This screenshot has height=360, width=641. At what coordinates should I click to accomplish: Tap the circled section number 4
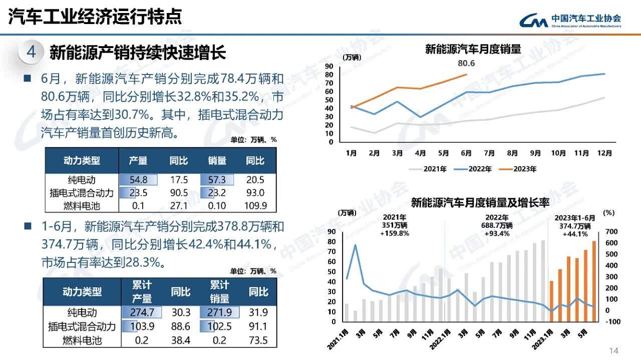click(31, 52)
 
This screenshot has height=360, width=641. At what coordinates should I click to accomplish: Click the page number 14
click(614, 350)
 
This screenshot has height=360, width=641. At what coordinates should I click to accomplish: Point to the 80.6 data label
click(466, 64)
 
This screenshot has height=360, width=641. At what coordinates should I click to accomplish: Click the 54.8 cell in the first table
click(138, 180)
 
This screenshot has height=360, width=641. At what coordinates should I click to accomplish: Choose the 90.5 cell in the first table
click(179, 193)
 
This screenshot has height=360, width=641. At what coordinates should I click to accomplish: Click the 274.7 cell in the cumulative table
click(142, 312)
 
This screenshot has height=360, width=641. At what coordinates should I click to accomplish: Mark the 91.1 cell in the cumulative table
click(258, 326)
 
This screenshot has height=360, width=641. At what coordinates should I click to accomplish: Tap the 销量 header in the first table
click(217, 161)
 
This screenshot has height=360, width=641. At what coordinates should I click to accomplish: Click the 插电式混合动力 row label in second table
click(82, 326)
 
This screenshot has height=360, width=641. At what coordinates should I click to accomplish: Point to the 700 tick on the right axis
click(611, 231)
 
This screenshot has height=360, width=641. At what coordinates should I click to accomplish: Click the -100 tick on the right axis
click(612, 321)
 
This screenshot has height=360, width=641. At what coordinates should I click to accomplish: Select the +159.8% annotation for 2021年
click(395, 233)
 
